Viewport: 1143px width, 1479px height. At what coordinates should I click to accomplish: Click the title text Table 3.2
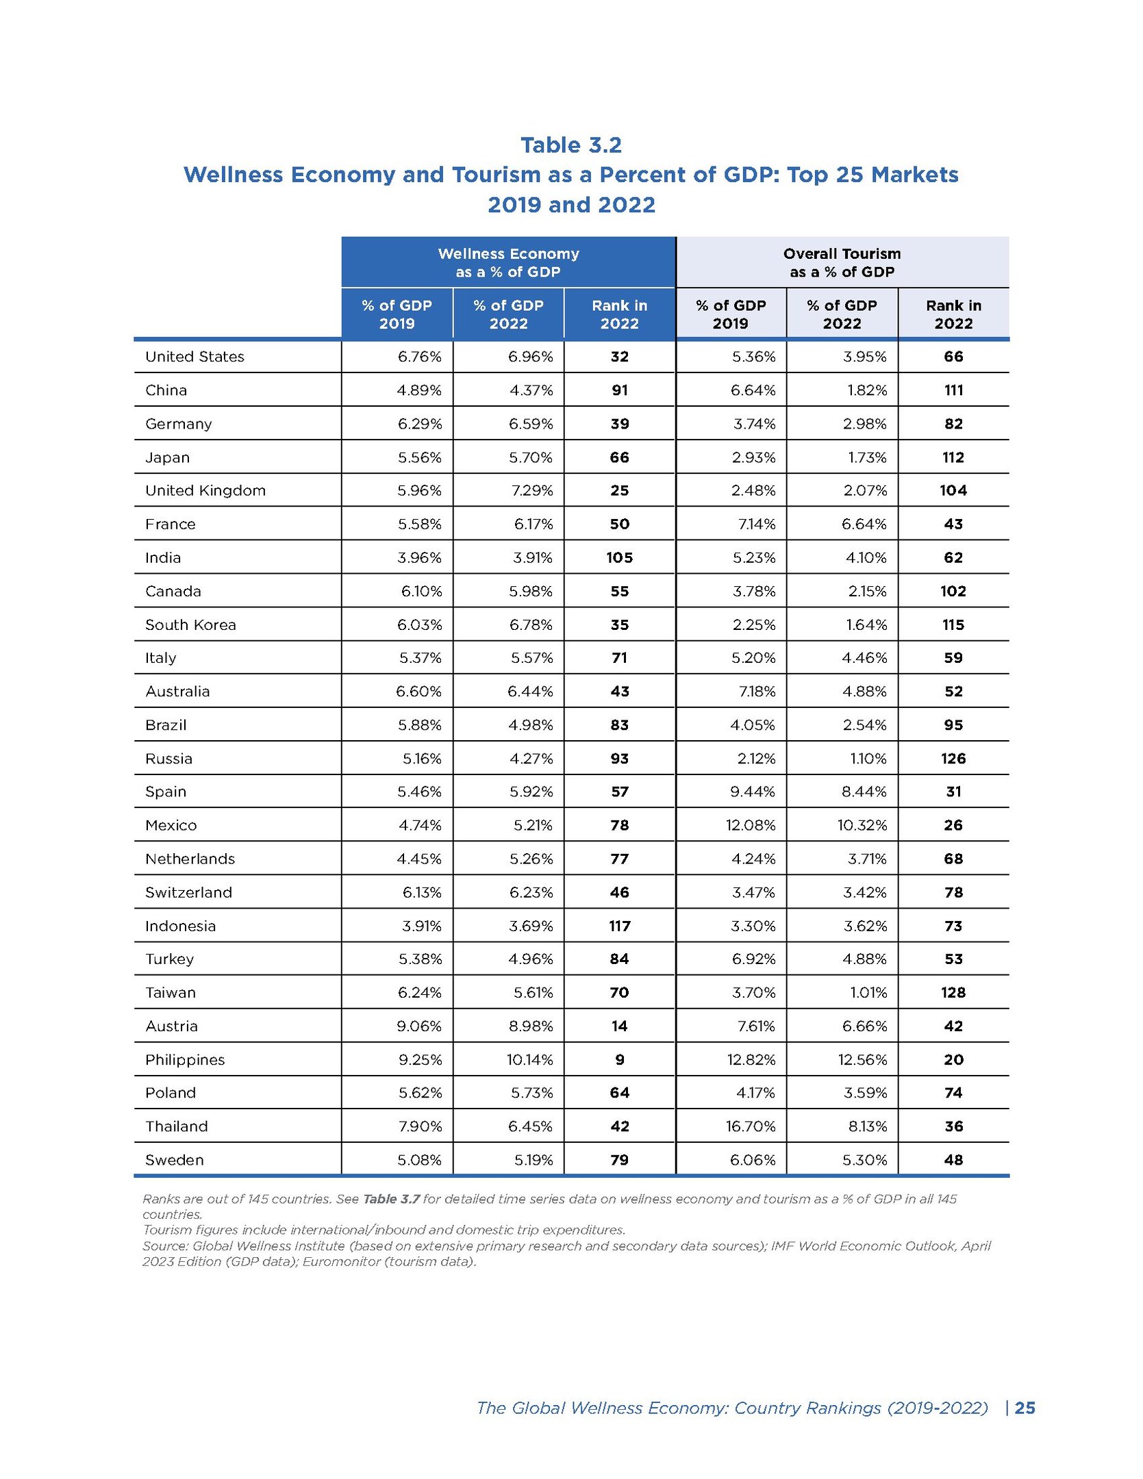[x=570, y=145]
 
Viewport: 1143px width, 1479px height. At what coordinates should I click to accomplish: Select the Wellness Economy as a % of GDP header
[x=508, y=263]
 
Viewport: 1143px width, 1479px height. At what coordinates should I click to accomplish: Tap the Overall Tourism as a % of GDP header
[x=842, y=263]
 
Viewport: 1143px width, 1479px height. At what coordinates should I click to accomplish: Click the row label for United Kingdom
[x=205, y=491]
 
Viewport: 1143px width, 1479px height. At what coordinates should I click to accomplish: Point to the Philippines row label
[x=184, y=1060]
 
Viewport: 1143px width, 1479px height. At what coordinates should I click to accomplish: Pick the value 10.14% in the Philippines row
[x=529, y=1060]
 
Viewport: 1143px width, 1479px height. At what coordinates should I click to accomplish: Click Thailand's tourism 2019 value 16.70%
[x=751, y=1126]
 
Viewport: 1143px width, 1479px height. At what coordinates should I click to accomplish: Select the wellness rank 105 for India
[x=619, y=558]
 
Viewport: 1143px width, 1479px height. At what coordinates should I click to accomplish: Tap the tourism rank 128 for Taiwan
[x=953, y=993]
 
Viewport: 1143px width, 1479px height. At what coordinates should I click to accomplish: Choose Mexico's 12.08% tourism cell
[x=751, y=826]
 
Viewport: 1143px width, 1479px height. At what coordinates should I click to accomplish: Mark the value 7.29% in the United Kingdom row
[x=530, y=491]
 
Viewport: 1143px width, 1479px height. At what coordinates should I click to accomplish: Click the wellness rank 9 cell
[x=619, y=1060]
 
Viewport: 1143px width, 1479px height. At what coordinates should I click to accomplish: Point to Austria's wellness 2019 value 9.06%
[x=419, y=1026]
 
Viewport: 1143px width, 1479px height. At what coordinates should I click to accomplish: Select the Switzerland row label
[x=188, y=893]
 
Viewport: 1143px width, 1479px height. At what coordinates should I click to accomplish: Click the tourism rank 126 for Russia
[x=953, y=759]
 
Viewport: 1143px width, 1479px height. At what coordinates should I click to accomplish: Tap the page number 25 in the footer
[x=1025, y=1408]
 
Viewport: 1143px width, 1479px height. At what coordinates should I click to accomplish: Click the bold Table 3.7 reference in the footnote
[x=390, y=1199]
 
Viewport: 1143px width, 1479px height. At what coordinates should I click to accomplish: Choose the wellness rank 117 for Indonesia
[x=619, y=926]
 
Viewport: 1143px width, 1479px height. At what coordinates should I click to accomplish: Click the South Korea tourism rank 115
[x=953, y=625]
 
